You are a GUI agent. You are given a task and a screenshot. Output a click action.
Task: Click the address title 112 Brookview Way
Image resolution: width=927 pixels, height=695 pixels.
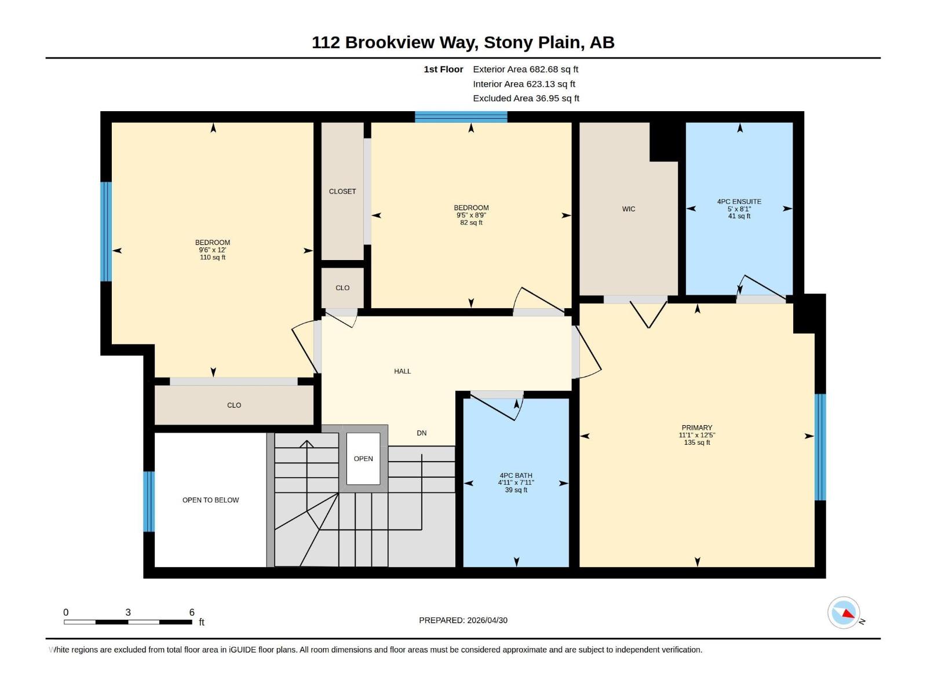point(463,42)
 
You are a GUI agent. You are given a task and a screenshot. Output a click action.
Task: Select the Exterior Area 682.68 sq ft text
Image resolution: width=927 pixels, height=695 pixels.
point(525,69)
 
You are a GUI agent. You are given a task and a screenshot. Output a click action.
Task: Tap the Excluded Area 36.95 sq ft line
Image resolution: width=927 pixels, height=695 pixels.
point(525,98)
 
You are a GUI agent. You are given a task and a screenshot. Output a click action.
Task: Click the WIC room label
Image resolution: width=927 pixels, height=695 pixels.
point(629,209)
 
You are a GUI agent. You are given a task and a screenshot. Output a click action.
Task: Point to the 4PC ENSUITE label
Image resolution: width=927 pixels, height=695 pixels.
point(739,202)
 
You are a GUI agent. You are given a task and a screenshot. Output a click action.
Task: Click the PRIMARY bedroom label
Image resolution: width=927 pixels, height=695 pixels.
point(697,427)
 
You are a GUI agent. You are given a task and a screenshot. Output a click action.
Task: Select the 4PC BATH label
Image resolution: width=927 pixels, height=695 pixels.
point(516,475)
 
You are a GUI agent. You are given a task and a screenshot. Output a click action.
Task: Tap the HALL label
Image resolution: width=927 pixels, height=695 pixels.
point(402,371)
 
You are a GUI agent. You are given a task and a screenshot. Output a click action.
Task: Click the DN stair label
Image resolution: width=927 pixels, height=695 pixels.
point(422,433)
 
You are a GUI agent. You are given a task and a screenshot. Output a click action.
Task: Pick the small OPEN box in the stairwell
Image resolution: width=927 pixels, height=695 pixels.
point(363,459)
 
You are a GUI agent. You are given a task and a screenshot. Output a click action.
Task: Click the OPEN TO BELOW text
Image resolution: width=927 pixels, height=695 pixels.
point(210,500)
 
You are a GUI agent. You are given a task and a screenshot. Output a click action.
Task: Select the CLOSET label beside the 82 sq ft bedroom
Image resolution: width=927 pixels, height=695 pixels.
point(342,191)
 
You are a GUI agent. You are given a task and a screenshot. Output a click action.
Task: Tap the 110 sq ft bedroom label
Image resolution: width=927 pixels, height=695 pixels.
point(213,250)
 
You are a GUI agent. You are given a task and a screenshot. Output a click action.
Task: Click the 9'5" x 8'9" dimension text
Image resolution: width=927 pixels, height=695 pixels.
point(471,215)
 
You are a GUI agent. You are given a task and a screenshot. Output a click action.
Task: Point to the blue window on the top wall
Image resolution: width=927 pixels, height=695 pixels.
point(461,116)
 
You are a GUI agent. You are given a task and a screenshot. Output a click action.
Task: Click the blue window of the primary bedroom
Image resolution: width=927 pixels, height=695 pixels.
point(820,447)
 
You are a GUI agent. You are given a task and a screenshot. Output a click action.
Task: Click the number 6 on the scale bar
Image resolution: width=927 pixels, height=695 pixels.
point(192,612)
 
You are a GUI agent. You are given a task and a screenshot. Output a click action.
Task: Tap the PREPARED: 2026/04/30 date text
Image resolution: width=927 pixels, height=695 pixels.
point(463,620)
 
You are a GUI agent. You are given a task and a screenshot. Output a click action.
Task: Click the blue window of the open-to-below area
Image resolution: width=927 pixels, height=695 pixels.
point(149,501)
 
